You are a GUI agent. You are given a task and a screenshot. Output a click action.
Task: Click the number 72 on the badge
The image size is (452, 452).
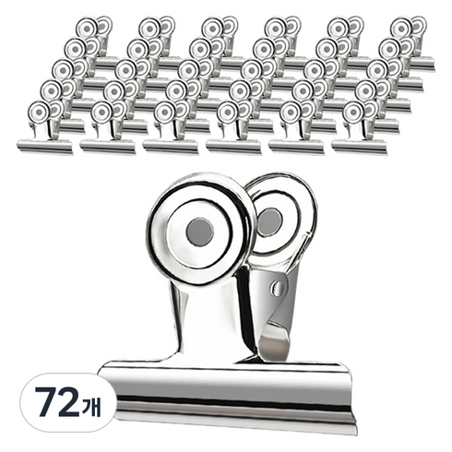pyautogui.click(x=57, y=402)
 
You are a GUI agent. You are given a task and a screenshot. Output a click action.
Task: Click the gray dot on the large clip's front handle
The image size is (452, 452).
pyautogui.click(x=200, y=232)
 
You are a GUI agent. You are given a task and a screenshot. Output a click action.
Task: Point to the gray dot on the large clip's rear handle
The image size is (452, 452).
pyautogui.click(x=269, y=222)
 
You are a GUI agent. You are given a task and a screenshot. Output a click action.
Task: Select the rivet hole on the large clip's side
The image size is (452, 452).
pyautogui.click(x=277, y=289)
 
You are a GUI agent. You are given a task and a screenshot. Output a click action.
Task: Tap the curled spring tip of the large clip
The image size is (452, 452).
pyautogui.click(x=275, y=344)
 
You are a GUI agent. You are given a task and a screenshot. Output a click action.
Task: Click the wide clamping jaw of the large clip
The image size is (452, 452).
pyautogui.click(x=228, y=397)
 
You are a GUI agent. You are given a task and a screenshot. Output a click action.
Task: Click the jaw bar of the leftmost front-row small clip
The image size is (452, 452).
pyautogui.click(x=45, y=147)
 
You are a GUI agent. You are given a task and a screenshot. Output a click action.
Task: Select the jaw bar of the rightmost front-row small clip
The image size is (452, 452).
pyautogui.click(x=360, y=147)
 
